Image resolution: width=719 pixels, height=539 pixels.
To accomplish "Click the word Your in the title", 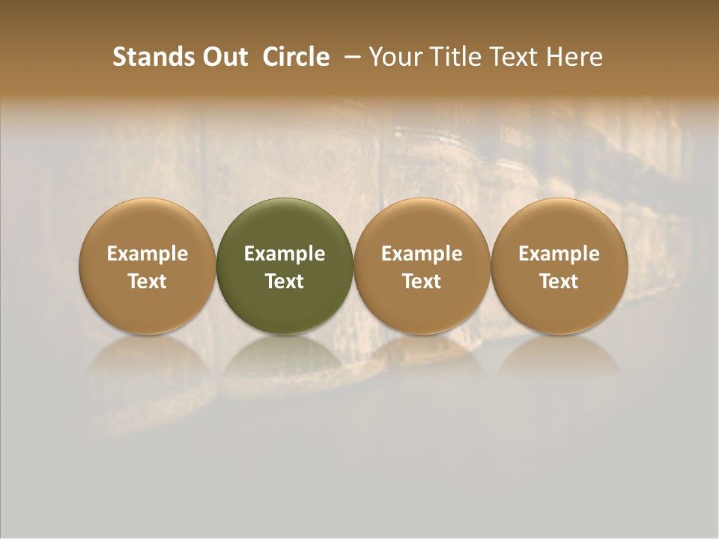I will pyautogui.click(x=392, y=57).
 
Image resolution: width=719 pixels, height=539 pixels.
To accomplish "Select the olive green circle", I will pyautogui.click(x=285, y=225).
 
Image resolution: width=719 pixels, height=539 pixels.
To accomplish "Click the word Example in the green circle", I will pyautogui.click(x=285, y=254).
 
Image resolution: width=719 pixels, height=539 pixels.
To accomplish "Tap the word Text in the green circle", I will pyautogui.click(x=285, y=281).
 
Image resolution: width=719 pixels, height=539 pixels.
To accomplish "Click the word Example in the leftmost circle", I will pyautogui.click(x=148, y=254).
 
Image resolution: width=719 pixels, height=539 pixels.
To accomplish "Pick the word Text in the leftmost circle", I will pyautogui.click(x=148, y=281).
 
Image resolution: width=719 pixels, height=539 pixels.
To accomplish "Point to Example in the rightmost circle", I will pyautogui.click(x=559, y=254).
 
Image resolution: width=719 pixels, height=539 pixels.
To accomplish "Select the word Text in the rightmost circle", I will pyautogui.click(x=559, y=281).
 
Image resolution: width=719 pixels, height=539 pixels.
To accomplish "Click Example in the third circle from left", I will pyautogui.click(x=422, y=254).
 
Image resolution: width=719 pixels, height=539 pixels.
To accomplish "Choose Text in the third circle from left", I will pyautogui.click(x=422, y=281).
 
